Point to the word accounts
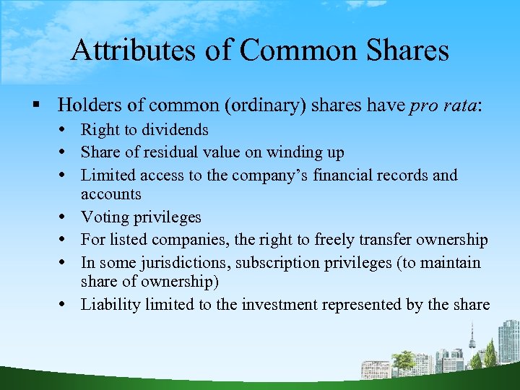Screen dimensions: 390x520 [110, 194]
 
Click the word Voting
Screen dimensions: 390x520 [105, 217]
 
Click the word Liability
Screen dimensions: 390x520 [110, 304]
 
